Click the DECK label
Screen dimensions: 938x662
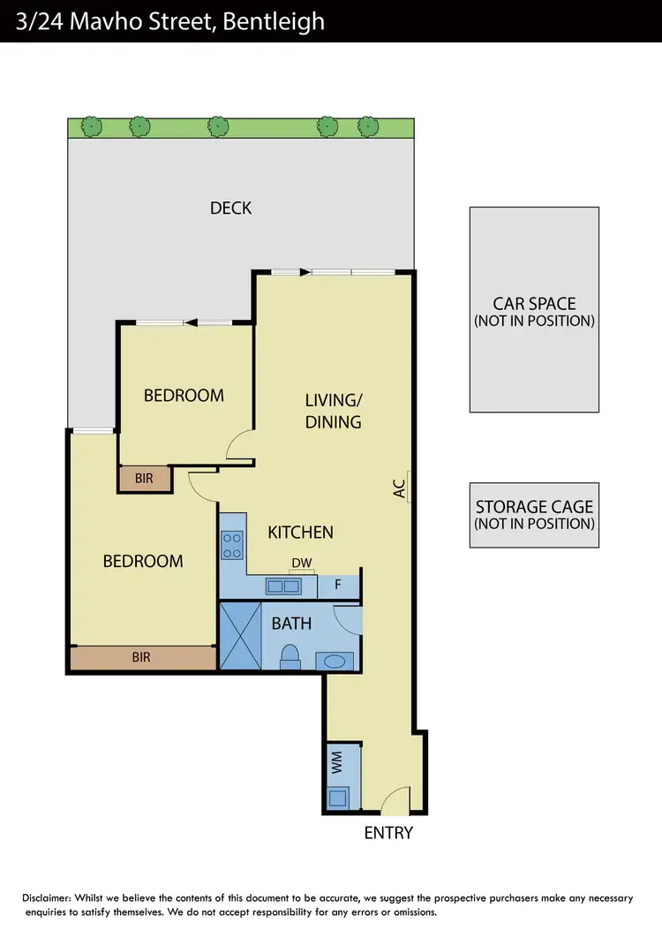tap(230, 208)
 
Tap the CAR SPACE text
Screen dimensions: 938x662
tap(534, 304)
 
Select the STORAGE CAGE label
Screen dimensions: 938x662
tap(534, 507)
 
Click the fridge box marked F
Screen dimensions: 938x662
tap(337, 585)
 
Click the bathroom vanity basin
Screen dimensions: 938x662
tap(335, 661)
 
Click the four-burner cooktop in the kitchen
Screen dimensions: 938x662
tap(232, 545)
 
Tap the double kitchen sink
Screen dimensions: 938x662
tap(282, 586)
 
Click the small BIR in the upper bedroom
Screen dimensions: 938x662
tap(145, 479)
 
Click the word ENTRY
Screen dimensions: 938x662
tap(388, 832)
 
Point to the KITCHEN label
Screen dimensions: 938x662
tap(300, 532)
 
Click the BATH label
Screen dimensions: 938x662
tap(291, 624)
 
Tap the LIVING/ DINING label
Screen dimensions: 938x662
tap(333, 411)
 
